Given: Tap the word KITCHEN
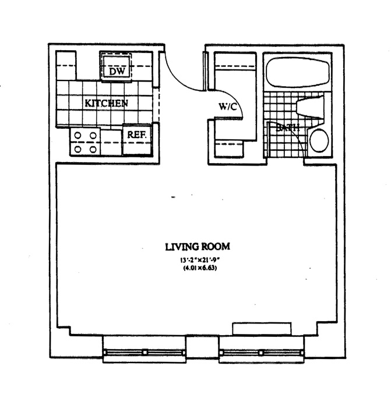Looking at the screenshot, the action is [x=107, y=103].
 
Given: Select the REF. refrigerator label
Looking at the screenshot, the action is [x=137, y=135].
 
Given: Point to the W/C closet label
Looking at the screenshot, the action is [x=227, y=107].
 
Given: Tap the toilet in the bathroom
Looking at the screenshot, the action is [x=309, y=108].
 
